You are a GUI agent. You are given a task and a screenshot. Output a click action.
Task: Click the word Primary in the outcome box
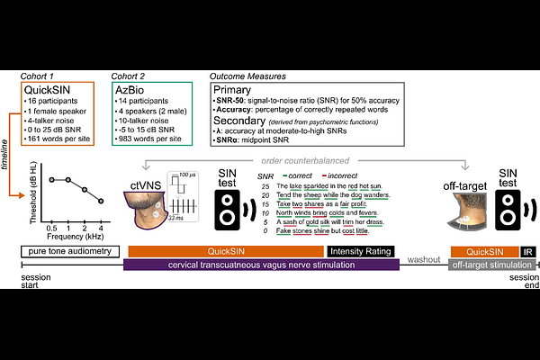point(233,91)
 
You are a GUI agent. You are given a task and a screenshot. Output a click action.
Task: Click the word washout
point(423,258)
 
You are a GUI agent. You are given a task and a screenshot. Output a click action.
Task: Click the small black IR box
point(528,251)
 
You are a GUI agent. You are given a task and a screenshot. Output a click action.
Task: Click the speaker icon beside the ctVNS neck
point(229,212)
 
